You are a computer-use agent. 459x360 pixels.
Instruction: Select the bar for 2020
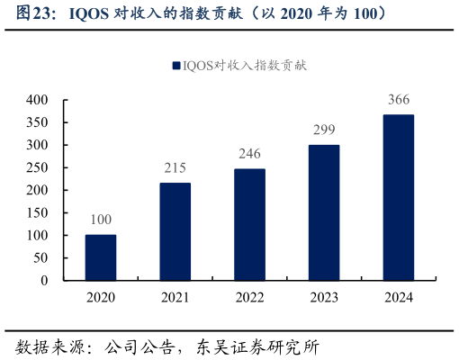tap(101, 257)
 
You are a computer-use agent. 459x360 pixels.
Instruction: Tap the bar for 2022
tap(249, 224)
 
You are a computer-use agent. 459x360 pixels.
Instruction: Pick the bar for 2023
tap(324, 212)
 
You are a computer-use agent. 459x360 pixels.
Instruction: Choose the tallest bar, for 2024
tap(399, 197)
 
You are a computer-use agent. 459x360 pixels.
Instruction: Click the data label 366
tap(399, 100)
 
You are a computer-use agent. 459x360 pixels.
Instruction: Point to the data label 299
tap(324, 130)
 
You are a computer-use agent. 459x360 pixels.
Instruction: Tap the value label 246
tap(249, 154)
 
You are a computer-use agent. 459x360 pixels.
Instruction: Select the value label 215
tap(175, 168)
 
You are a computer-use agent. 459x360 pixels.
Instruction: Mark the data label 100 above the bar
tap(101, 220)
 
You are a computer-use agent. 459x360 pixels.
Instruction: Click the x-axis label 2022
tap(249, 298)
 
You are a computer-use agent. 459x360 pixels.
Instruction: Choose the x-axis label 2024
tap(399, 298)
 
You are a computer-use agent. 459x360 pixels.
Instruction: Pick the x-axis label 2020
tap(101, 298)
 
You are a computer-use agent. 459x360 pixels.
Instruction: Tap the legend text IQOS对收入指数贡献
tap(245, 66)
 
